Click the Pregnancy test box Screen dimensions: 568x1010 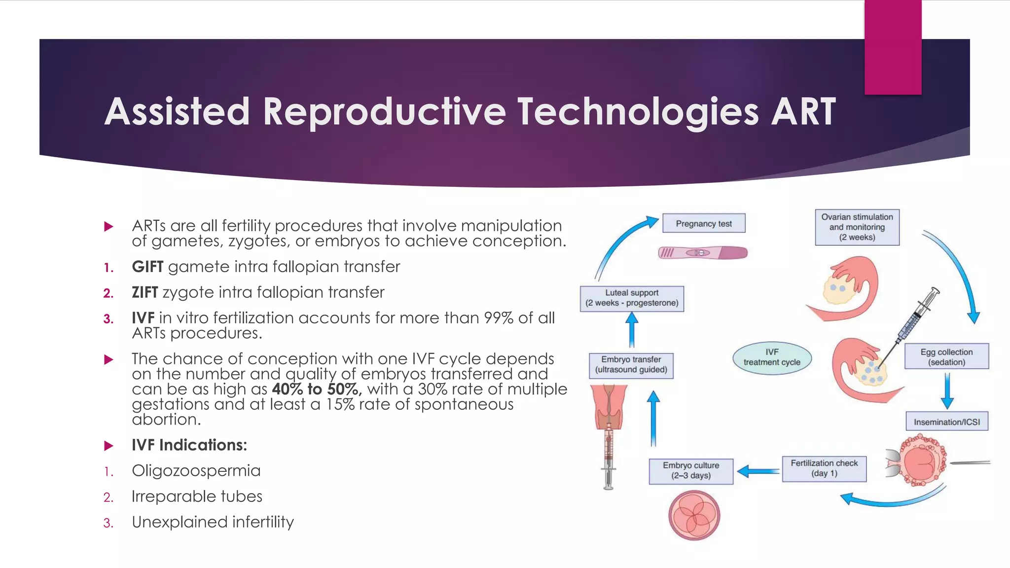point(703,223)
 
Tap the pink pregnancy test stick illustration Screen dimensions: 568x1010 point(703,253)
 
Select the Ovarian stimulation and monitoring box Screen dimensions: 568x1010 point(857,227)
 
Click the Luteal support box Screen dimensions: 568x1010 point(632,298)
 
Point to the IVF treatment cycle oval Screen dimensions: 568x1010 point(772,357)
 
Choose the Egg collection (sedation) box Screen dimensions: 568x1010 point(946,356)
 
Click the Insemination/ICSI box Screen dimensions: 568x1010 point(946,422)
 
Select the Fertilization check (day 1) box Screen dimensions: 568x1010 point(824,468)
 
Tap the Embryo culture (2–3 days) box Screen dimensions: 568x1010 point(690,470)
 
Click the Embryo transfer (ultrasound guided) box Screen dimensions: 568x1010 point(631,365)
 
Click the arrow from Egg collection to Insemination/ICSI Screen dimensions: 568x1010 point(947,390)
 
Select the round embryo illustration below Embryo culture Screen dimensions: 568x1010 point(694,515)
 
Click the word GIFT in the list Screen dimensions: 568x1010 point(147,267)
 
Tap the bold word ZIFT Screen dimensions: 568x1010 point(144,292)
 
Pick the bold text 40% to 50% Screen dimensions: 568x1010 point(316,389)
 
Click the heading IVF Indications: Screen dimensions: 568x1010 point(189,445)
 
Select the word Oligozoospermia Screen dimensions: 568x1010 point(196,470)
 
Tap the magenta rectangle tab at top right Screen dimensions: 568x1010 point(893,47)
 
